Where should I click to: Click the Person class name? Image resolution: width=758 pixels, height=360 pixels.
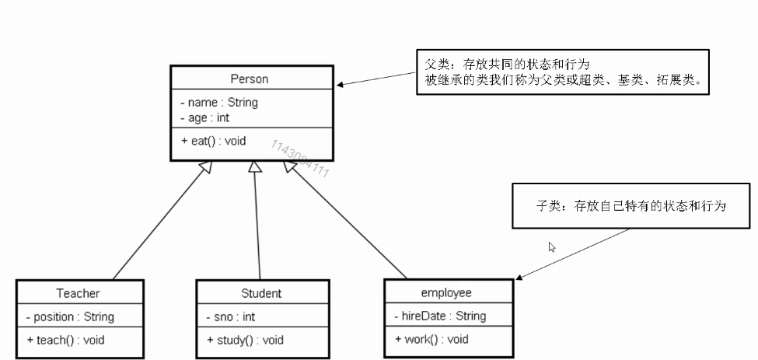coord(249,79)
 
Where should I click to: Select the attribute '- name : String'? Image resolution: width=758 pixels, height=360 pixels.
coord(218,102)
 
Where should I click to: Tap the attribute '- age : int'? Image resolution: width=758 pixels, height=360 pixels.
coord(204,117)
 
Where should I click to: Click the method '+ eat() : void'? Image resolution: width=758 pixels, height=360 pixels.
coord(213,141)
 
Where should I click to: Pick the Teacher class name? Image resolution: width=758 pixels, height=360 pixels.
coord(78,293)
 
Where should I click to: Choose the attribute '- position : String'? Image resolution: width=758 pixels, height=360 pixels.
coord(69,316)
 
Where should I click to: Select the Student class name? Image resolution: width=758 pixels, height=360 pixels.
coord(261,293)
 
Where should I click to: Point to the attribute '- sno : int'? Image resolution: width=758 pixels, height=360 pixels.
coord(230,316)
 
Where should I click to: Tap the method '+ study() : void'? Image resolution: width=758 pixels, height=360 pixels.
coord(245,340)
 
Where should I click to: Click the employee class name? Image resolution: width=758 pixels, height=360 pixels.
coord(446,292)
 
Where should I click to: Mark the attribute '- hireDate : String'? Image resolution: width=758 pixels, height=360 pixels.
coord(440,316)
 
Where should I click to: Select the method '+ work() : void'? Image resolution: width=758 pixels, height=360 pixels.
coord(431,339)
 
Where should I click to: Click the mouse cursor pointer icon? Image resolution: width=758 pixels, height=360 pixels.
coord(552,247)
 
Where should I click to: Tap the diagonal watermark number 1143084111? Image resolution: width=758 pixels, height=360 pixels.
coord(300,159)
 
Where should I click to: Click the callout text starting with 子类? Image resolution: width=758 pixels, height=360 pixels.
coord(631,206)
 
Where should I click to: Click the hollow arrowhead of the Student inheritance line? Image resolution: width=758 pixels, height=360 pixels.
coord(253,167)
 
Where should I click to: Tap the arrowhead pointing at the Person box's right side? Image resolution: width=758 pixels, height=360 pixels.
coord(342,85)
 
